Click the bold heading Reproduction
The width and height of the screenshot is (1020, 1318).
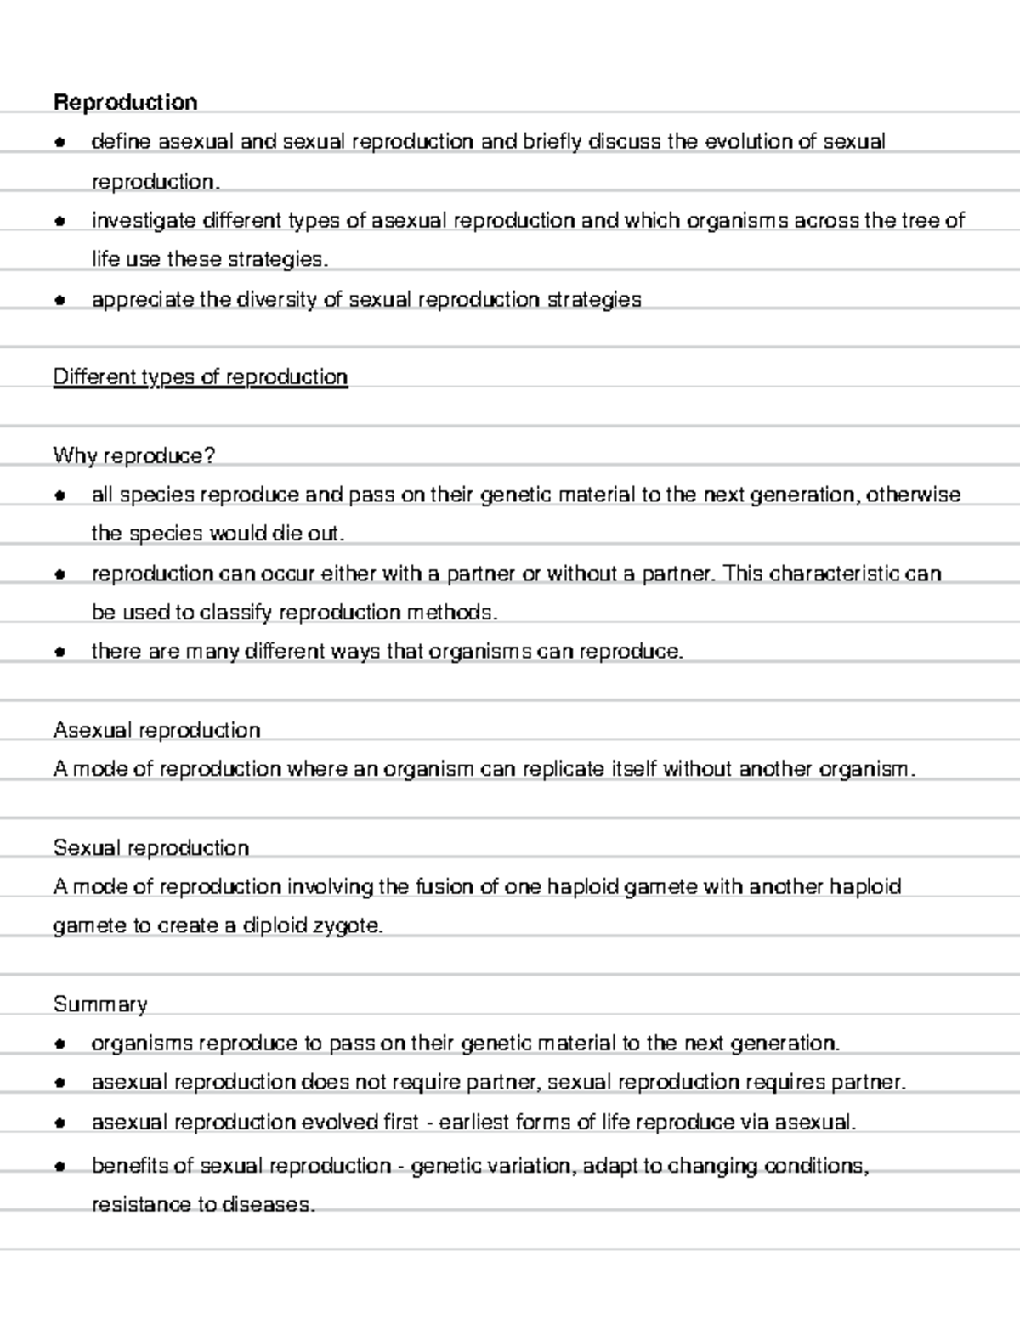pos(125,103)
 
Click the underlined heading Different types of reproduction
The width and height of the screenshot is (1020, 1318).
pos(200,377)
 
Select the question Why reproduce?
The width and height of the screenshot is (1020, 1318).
pos(133,456)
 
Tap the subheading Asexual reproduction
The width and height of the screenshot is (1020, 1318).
pos(156,730)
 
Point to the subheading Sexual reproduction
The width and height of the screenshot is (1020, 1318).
pos(150,848)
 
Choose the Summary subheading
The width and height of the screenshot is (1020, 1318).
pos(99,1004)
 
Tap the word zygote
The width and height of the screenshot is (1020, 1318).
pos(351,926)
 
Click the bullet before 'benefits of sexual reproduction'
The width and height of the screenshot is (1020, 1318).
pos(59,1167)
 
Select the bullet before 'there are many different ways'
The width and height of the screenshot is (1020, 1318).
pos(59,653)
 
